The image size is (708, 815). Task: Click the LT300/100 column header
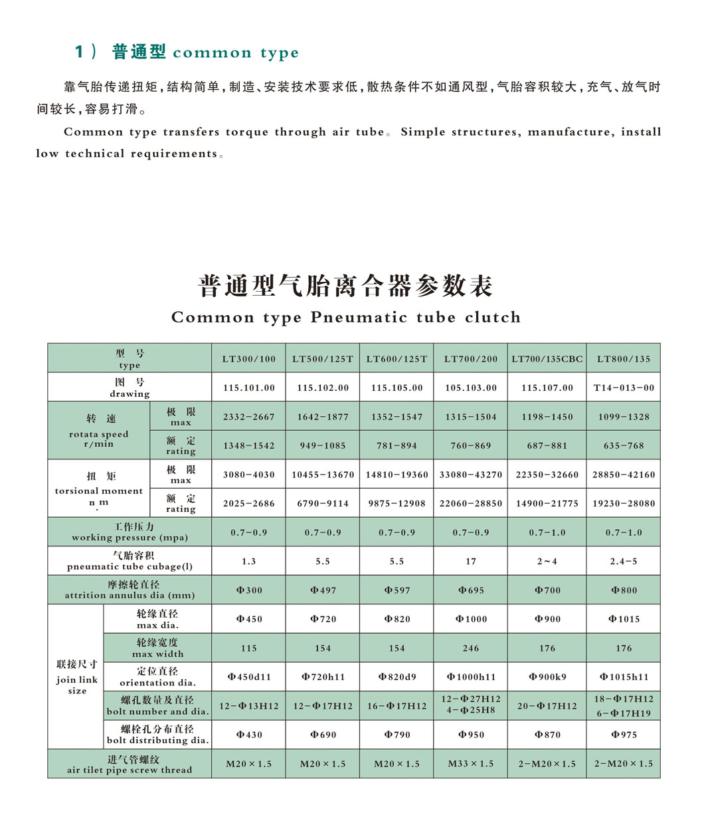tap(248, 359)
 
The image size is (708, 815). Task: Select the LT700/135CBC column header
tap(547, 359)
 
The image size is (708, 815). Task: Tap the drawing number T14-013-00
tap(624, 388)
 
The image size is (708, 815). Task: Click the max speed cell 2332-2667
tap(248, 417)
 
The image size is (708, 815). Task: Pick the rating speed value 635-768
tap(624, 446)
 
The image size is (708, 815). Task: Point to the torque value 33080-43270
tap(471, 475)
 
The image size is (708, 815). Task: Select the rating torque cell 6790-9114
tap(323, 504)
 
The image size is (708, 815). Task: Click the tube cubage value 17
tap(471, 562)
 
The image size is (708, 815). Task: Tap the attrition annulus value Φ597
tap(397, 590)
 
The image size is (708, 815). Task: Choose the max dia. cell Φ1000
tap(471, 620)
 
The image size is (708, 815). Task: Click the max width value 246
tap(471, 648)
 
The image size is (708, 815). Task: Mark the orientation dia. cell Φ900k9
tap(547, 677)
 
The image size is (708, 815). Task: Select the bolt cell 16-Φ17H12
tap(397, 706)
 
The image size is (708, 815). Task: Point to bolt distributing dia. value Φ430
tap(248, 735)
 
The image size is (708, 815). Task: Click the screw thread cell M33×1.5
tap(471, 764)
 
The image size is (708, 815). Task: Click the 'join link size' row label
tap(76, 677)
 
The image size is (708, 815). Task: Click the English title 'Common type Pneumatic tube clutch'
tap(345, 318)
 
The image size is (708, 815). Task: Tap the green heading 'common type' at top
tap(235, 53)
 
